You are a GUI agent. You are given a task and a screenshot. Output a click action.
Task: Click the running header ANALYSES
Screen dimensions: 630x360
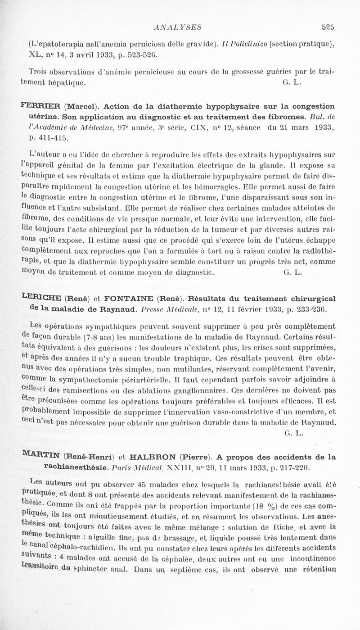click(x=177, y=27)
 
